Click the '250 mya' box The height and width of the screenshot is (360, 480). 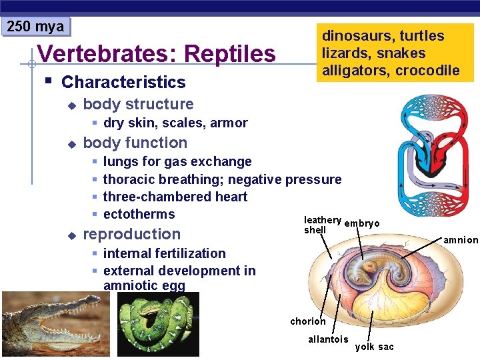point(35,27)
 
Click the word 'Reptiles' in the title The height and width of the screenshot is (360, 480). point(230,53)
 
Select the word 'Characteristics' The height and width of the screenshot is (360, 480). point(123,82)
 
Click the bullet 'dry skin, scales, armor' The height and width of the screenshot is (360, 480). point(175,123)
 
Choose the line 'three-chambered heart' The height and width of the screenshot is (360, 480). point(175,197)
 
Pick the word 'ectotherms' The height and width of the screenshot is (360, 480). point(139,214)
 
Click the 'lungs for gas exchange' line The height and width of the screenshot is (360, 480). point(177,161)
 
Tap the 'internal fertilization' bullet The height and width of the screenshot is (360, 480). point(164,253)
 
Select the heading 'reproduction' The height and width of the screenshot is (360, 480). point(131,234)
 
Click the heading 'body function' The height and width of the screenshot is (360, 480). point(135,143)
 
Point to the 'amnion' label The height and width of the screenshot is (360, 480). point(461,240)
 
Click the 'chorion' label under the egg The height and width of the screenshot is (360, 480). point(308,321)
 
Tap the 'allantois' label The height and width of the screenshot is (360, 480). point(328,339)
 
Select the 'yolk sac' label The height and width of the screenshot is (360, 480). point(374,347)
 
